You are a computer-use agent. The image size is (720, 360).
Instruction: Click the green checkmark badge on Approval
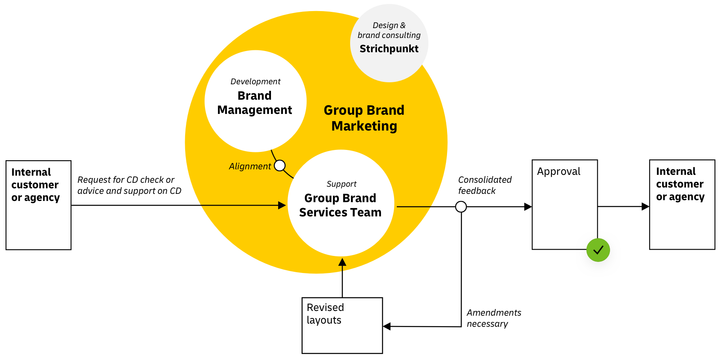[598, 250]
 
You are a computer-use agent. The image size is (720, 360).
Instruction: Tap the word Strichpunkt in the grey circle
[389, 49]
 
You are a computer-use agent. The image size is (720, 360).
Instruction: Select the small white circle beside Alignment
[280, 165]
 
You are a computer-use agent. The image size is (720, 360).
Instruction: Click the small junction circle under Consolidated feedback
[461, 207]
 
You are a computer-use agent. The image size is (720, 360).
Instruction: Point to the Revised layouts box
[342, 325]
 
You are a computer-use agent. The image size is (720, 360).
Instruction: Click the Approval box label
[559, 171]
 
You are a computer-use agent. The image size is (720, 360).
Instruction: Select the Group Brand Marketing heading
[364, 118]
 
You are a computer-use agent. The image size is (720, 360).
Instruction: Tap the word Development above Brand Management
[256, 81]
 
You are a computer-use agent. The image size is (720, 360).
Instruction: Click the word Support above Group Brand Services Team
[341, 184]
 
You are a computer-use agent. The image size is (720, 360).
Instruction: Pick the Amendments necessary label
[494, 318]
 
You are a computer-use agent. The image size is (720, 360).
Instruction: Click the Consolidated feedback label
[485, 185]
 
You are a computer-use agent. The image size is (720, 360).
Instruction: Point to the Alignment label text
[250, 166]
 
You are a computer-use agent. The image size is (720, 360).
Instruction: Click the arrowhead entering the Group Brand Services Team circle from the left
[282, 205]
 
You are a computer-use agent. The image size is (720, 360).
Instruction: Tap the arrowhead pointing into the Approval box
[528, 207]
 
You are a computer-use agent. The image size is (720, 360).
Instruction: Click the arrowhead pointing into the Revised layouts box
[387, 326]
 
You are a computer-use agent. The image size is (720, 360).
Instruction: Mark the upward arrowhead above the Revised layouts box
[342, 262]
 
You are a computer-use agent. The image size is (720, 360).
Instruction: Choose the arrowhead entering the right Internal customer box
[645, 206]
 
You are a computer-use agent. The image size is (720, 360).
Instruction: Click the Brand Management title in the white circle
[255, 103]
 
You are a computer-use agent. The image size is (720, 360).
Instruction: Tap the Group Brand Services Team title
[340, 205]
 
